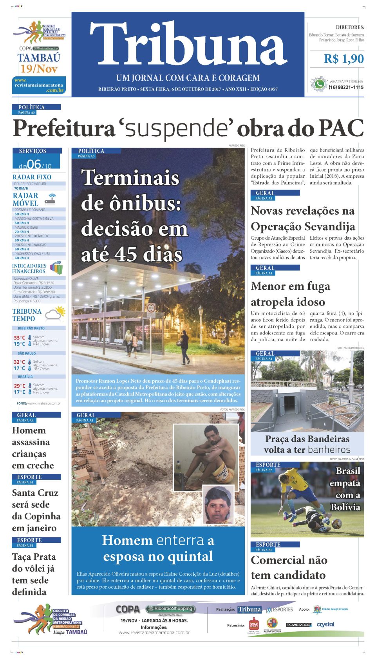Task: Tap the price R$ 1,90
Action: pyautogui.click(x=343, y=59)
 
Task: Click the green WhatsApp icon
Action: pyautogui.click(x=319, y=84)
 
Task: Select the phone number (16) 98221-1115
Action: pyautogui.click(x=346, y=87)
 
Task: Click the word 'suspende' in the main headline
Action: pyautogui.click(x=176, y=128)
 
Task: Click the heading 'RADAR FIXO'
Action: pyautogui.click(x=32, y=177)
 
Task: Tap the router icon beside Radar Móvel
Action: pyautogui.click(x=50, y=199)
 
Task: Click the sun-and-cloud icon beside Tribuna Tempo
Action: pyautogui.click(x=55, y=315)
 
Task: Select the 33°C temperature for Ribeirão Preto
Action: pyautogui.click(x=19, y=338)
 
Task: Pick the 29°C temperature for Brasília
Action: pyautogui.click(x=19, y=386)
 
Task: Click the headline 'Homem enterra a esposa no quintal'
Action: pyautogui.click(x=158, y=548)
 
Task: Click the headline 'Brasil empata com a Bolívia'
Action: pyautogui.click(x=346, y=489)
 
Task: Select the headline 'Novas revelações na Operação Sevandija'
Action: pyautogui.click(x=303, y=219)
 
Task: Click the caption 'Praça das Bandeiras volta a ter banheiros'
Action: pyautogui.click(x=307, y=444)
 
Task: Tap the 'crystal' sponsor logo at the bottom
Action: pyautogui.click(x=325, y=624)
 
